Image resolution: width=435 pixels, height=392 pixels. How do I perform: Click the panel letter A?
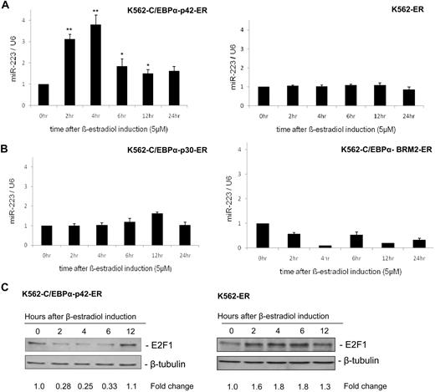tap(7, 6)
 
